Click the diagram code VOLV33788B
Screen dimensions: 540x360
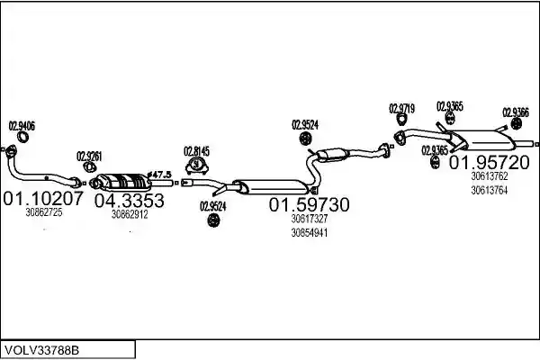point(40,350)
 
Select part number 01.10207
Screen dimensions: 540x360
point(43,198)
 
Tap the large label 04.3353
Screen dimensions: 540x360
point(129,201)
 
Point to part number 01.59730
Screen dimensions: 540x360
point(309,204)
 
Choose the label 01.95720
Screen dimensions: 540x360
point(489,162)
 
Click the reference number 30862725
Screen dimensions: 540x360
point(44,212)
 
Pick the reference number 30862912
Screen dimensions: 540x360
point(130,214)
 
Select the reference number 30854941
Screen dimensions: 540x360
point(310,233)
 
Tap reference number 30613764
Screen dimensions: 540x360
point(489,190)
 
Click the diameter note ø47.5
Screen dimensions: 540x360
point(159,175)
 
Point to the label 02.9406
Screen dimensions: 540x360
point(22,126)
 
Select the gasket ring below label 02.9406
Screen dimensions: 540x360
point(22,137)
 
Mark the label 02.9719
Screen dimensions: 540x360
point(401,109)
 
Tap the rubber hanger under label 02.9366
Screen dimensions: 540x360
point(516,123)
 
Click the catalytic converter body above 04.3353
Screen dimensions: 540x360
point(124,182)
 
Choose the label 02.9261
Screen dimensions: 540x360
point(89,157)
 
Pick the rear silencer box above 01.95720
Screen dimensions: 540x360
point(486,140)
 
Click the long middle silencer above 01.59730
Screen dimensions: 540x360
point(271,186)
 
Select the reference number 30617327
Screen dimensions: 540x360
point(310,219)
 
